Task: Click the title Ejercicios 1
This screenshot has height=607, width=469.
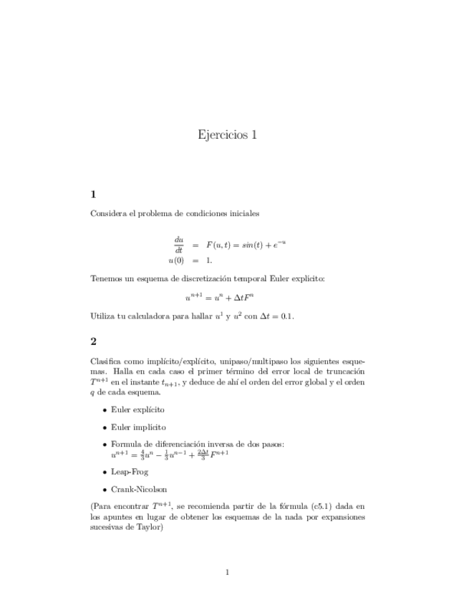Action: pyautogui.click(x=226, y=135)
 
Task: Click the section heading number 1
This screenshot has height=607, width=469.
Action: pyautogui.click(x=94, y=194)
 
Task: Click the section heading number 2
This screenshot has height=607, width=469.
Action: pyautogui.click(x=94, y=341)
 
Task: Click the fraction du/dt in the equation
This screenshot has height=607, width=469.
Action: pyautogui.click(x=178, y=244)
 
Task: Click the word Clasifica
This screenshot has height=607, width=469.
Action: pyautogui.click(x=107, y=361)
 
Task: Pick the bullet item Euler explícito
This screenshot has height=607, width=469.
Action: pyautogui.click(x=137, y=409)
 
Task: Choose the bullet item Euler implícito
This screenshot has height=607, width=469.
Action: pyautogui.click(x=138, y=427)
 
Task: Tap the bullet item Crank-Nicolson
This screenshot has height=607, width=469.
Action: pyautogui.click(x=139, y=490)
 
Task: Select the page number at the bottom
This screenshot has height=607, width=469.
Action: pyautogui.click(x=227, y=571)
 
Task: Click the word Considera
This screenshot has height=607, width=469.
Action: pyautogui.click(x=108, y=213)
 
